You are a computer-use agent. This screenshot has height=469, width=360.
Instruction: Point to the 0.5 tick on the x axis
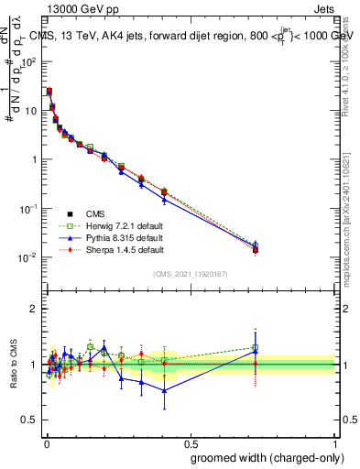pyautogui.click(x=191, y=441)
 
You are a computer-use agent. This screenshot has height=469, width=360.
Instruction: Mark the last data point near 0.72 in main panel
pyautogui.click(x=256, y=249)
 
